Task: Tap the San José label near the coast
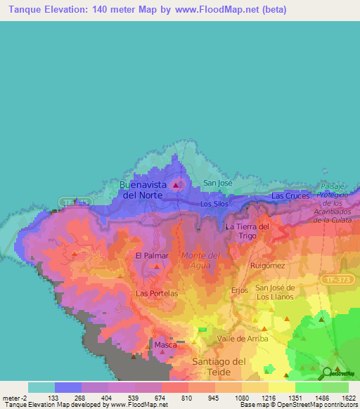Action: (x=217, y=183)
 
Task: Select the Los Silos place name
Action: (x=214, y=204)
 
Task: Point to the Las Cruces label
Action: (x=290, y=195)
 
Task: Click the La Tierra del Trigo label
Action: (x=247, y=231)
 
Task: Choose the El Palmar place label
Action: (x=150, y=256)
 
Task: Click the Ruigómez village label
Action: (x=267, y=266)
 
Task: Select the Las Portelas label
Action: (x=156, y=293)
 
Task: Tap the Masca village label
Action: (x=166, y=345)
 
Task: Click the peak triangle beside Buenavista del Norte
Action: (x=176, y=186)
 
